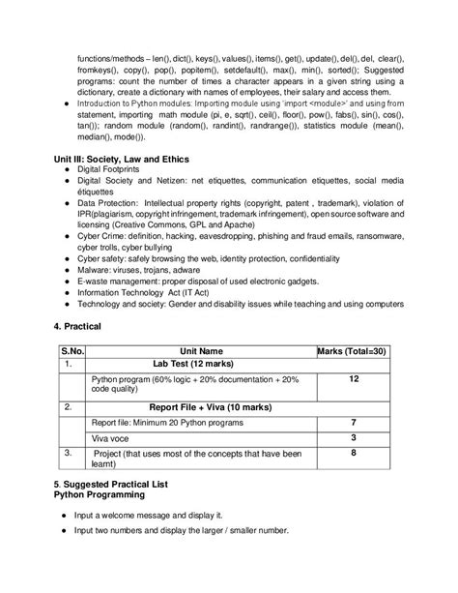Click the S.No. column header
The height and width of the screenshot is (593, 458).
click(72, 351)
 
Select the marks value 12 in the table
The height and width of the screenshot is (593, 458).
click(354, 380)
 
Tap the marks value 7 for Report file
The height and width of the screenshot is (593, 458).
click(354, 423)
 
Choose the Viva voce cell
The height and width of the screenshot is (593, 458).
click(113, 438)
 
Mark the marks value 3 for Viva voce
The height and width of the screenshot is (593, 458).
click(354, 437)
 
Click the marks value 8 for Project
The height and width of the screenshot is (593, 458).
click(354, 452)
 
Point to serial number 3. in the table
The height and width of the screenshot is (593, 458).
click(68, 452)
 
